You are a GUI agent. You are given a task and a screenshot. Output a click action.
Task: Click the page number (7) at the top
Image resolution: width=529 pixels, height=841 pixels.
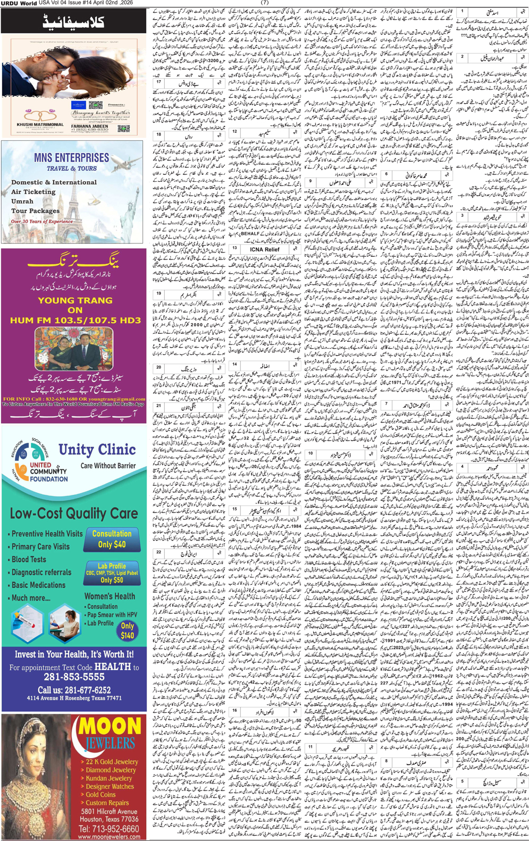click(265, 3)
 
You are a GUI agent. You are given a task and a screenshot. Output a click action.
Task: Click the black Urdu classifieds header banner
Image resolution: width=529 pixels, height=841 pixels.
click(73, 21)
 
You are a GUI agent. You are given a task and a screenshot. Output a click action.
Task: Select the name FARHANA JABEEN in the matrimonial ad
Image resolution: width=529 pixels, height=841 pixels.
click(89, 126)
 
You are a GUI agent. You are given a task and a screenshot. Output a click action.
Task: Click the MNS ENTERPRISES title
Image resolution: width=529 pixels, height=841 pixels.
click(71, 158)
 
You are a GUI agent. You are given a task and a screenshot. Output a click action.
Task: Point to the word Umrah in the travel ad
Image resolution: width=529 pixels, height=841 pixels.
click(22, 201)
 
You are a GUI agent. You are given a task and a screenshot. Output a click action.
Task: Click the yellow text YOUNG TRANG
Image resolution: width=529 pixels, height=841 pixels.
click(75, 300)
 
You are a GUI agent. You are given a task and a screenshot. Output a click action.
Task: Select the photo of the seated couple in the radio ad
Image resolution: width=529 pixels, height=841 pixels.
click(74, 349)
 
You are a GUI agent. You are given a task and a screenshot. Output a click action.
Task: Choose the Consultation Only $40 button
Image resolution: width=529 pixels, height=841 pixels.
click(112, 539)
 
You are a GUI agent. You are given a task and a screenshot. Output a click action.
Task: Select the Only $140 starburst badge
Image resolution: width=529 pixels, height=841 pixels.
click(128, 630)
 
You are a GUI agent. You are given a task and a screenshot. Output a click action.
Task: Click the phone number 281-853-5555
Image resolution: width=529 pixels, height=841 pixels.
click(74, 677)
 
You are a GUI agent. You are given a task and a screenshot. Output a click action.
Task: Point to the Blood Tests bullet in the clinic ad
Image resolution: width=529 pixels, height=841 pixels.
click(29, 559)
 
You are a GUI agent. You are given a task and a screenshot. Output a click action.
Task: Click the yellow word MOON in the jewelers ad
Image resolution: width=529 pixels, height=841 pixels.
click(111, 727)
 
